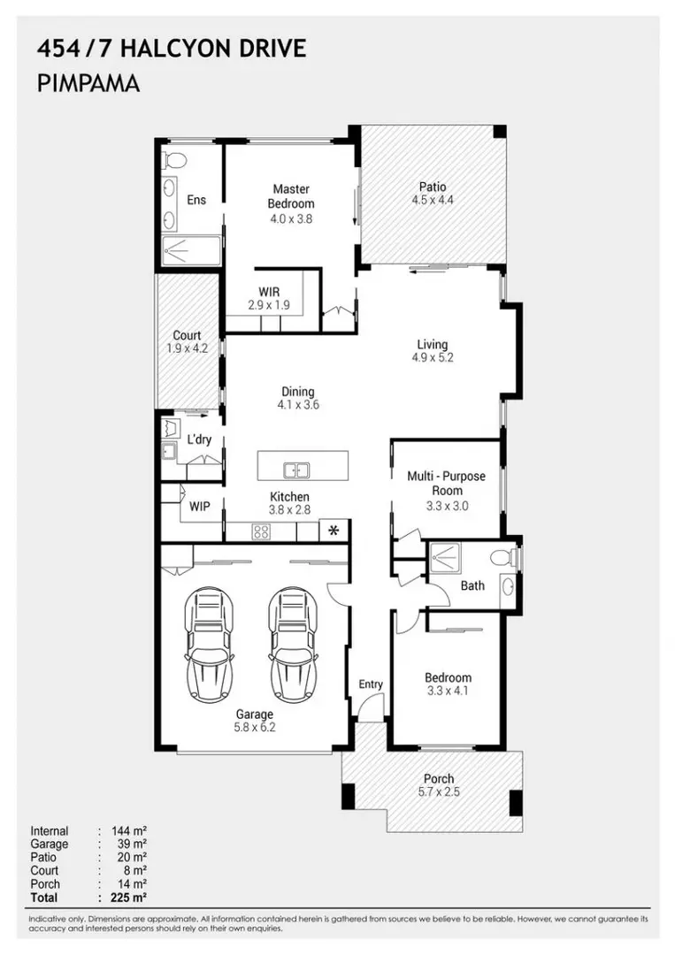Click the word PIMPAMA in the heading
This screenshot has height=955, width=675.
click(88, 83)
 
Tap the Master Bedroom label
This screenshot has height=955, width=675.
click(291, 195)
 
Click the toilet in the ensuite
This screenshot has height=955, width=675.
click(174, 160)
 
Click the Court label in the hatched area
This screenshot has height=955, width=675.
click(187, 335)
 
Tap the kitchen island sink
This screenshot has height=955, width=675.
click(295, 470)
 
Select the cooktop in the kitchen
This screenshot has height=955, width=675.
click(261, 531)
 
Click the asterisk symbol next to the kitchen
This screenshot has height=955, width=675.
click(334, 531)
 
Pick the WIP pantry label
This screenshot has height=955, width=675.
click(200, 507)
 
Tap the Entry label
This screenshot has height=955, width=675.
click(371, 684)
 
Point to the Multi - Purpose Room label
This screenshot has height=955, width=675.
click(446, 483)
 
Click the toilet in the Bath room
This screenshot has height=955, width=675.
click(503, 558)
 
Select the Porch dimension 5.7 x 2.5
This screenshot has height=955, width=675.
click(439, 792)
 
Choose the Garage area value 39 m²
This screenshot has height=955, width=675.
click(129, 844)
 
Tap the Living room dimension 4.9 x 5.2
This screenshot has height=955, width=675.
click(433, 358)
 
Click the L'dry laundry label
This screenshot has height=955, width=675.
click(198, 439)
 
